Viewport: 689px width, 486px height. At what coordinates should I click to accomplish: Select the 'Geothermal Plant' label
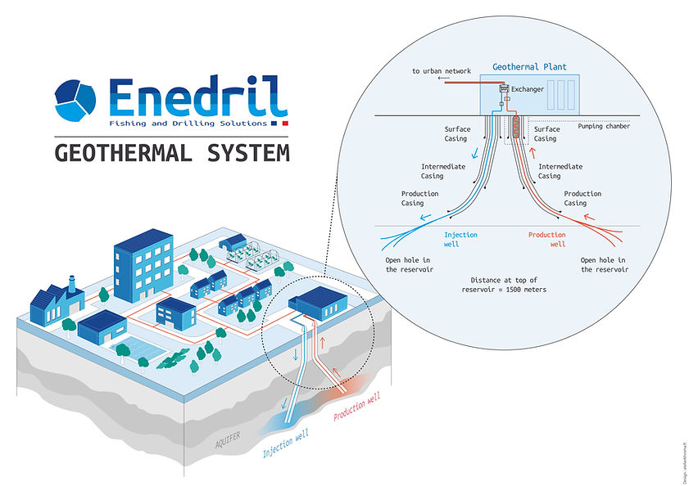(529, 67)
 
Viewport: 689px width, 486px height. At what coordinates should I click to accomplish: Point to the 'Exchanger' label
(527, 89)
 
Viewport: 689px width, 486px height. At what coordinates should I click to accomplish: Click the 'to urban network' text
(441, 71)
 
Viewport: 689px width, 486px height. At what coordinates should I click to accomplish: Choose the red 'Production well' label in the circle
(546, 240)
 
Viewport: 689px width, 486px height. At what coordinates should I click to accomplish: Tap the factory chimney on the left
(72, 284)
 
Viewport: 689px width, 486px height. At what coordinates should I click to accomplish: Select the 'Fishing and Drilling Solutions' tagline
(188, 124)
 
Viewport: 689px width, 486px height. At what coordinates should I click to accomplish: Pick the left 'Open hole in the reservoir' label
(409, 265)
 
